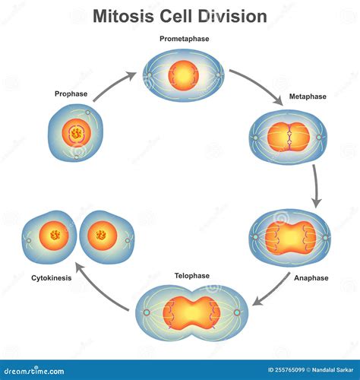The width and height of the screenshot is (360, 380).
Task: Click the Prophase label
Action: coord(71,94)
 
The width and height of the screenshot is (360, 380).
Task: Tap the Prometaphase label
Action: coord(184,38)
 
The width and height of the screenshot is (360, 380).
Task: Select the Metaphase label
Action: coord(308,98)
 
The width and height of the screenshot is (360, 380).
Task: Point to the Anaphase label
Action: coord(311,278)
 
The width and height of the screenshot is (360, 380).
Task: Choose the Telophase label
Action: coord(191,276)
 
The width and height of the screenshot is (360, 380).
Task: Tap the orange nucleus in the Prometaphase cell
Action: coord(184,74)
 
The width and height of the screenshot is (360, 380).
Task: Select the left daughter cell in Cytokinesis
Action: coord(48,237)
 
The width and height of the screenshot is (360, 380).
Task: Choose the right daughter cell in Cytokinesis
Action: coord(106,237)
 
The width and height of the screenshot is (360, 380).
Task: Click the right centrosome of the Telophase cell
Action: coord(237,312)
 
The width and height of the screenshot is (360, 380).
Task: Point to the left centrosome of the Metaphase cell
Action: coord(256,138)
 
